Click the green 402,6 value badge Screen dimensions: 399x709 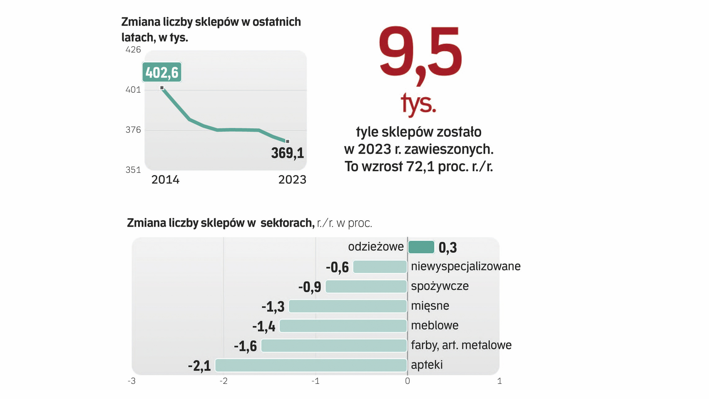[162, 72]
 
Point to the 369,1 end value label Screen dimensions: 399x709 [287, 153]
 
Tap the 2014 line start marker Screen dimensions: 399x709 [162, 88]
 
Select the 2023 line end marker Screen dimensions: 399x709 [288, 141]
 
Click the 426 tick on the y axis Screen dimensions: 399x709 [133, 50]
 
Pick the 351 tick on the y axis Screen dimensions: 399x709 [133, 170]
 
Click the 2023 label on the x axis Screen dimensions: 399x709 [292, 180]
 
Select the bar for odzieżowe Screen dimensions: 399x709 [421, 247]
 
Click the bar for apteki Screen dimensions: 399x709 [311, 365]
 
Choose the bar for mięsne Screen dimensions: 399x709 [347, 306]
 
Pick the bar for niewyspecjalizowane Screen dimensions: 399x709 [380, 267]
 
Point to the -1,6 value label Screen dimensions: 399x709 [245, 346]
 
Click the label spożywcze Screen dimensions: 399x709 [439, 286]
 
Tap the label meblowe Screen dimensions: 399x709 [434, 325]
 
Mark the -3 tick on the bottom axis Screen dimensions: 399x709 [131, 381]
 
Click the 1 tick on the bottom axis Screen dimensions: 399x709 [499, 381]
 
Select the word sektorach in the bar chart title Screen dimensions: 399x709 [287, 223]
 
